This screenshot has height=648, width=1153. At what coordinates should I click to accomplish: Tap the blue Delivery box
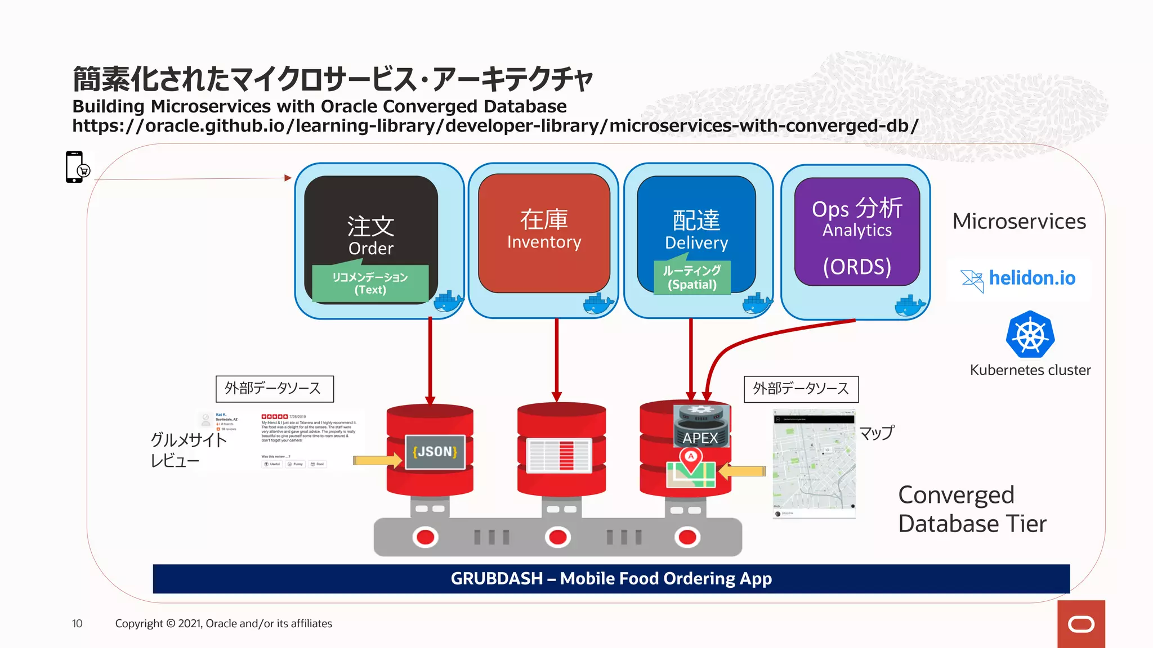[696, 225]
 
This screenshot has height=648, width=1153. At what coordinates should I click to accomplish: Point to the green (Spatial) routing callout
[692, 278]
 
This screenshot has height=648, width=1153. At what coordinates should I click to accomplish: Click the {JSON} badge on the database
[435, 452]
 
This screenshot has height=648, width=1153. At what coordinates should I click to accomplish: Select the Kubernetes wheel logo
[1030, 335]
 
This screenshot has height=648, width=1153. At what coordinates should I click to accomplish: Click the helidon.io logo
[1018, 278]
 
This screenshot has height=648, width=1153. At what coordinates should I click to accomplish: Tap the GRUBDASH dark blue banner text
[611, 578]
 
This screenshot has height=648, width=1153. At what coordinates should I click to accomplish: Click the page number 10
[77, 623]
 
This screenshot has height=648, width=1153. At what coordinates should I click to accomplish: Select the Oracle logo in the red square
[1080, 624]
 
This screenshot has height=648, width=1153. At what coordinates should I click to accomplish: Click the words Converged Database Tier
[972, 509]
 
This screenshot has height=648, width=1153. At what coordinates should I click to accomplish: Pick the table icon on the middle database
[558, 455]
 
